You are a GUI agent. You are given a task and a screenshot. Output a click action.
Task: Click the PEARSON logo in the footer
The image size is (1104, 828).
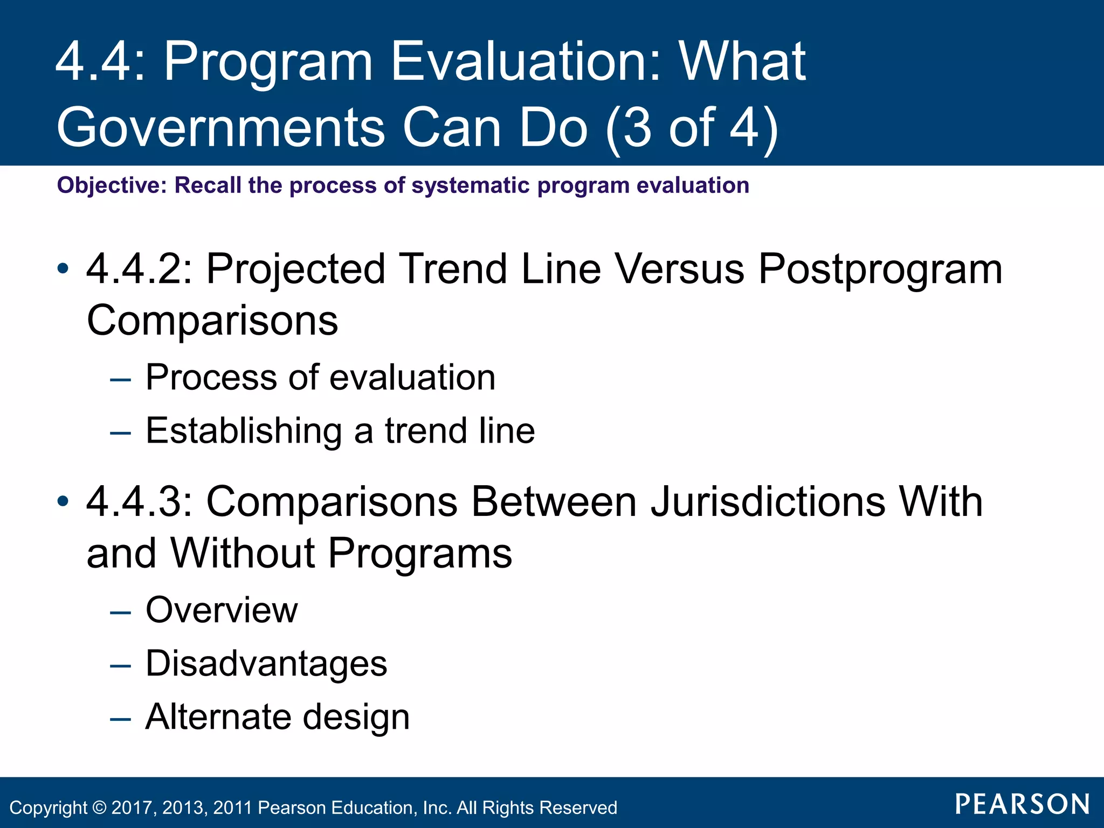point(1022,804)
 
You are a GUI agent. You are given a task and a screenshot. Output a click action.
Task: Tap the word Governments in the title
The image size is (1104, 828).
point(220,127)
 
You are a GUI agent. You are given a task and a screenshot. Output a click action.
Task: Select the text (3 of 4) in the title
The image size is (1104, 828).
point(692,127)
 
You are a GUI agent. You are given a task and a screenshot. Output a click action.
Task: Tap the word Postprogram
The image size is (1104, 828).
point(880,270)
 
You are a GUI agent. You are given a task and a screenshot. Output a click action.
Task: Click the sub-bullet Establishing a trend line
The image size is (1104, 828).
point(340,431)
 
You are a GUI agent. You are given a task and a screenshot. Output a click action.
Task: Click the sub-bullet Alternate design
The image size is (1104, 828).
point(278,717)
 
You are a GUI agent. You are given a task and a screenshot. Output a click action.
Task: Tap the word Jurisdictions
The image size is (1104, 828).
point(768,501)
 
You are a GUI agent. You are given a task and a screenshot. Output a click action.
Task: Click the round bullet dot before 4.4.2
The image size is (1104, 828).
point(63,268)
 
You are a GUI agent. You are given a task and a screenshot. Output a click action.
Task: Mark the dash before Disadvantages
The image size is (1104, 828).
point(120,666)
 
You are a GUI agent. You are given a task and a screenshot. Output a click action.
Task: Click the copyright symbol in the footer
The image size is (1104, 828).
point(100,808)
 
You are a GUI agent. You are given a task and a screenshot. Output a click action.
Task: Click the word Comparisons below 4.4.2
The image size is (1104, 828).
point(212,320)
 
